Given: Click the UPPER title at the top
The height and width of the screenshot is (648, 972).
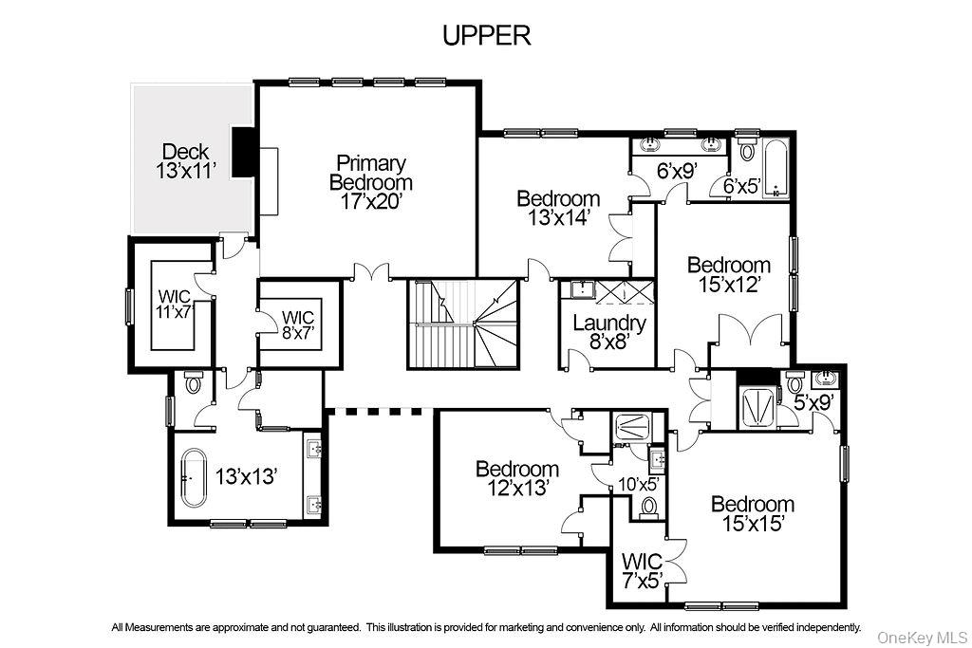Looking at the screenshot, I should coord(486,35).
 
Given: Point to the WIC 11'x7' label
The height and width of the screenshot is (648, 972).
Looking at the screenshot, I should coord(174,304).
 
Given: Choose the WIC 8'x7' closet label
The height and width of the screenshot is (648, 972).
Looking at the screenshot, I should coord(297,324).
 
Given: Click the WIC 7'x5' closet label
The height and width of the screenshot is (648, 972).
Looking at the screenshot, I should coord(642,571).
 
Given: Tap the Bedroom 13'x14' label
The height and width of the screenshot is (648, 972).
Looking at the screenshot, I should coord(558,207).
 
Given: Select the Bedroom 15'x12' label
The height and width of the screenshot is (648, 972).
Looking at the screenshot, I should coord(729,274).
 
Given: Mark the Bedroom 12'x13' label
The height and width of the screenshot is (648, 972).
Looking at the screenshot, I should coord(517,477).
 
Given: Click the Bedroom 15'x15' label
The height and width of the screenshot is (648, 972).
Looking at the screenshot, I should coord(753,513).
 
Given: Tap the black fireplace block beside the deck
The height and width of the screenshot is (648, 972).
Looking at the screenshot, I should coord(244,152).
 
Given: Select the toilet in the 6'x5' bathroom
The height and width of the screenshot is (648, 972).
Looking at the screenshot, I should coord(746,151).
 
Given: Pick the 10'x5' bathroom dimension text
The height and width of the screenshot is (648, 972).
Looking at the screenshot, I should coord(639,483).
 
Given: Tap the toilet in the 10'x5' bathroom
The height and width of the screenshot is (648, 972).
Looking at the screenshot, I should coord(649,508).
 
